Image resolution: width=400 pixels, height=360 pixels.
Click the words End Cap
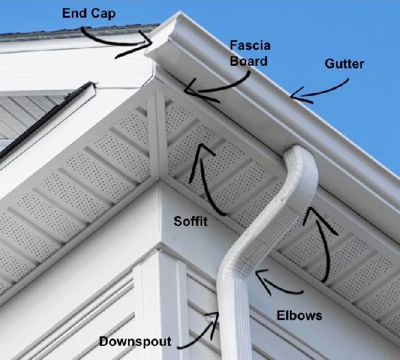coord(89,14)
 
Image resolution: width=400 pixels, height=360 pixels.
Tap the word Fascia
coord(250,46)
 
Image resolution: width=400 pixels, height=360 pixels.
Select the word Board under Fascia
coord(249,62)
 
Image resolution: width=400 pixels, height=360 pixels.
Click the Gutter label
coord(345,64)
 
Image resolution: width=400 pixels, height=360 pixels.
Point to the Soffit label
coord(191,221)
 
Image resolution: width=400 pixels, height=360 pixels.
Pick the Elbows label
coord(300,316)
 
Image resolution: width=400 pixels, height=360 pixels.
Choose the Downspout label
coord(135,342)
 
